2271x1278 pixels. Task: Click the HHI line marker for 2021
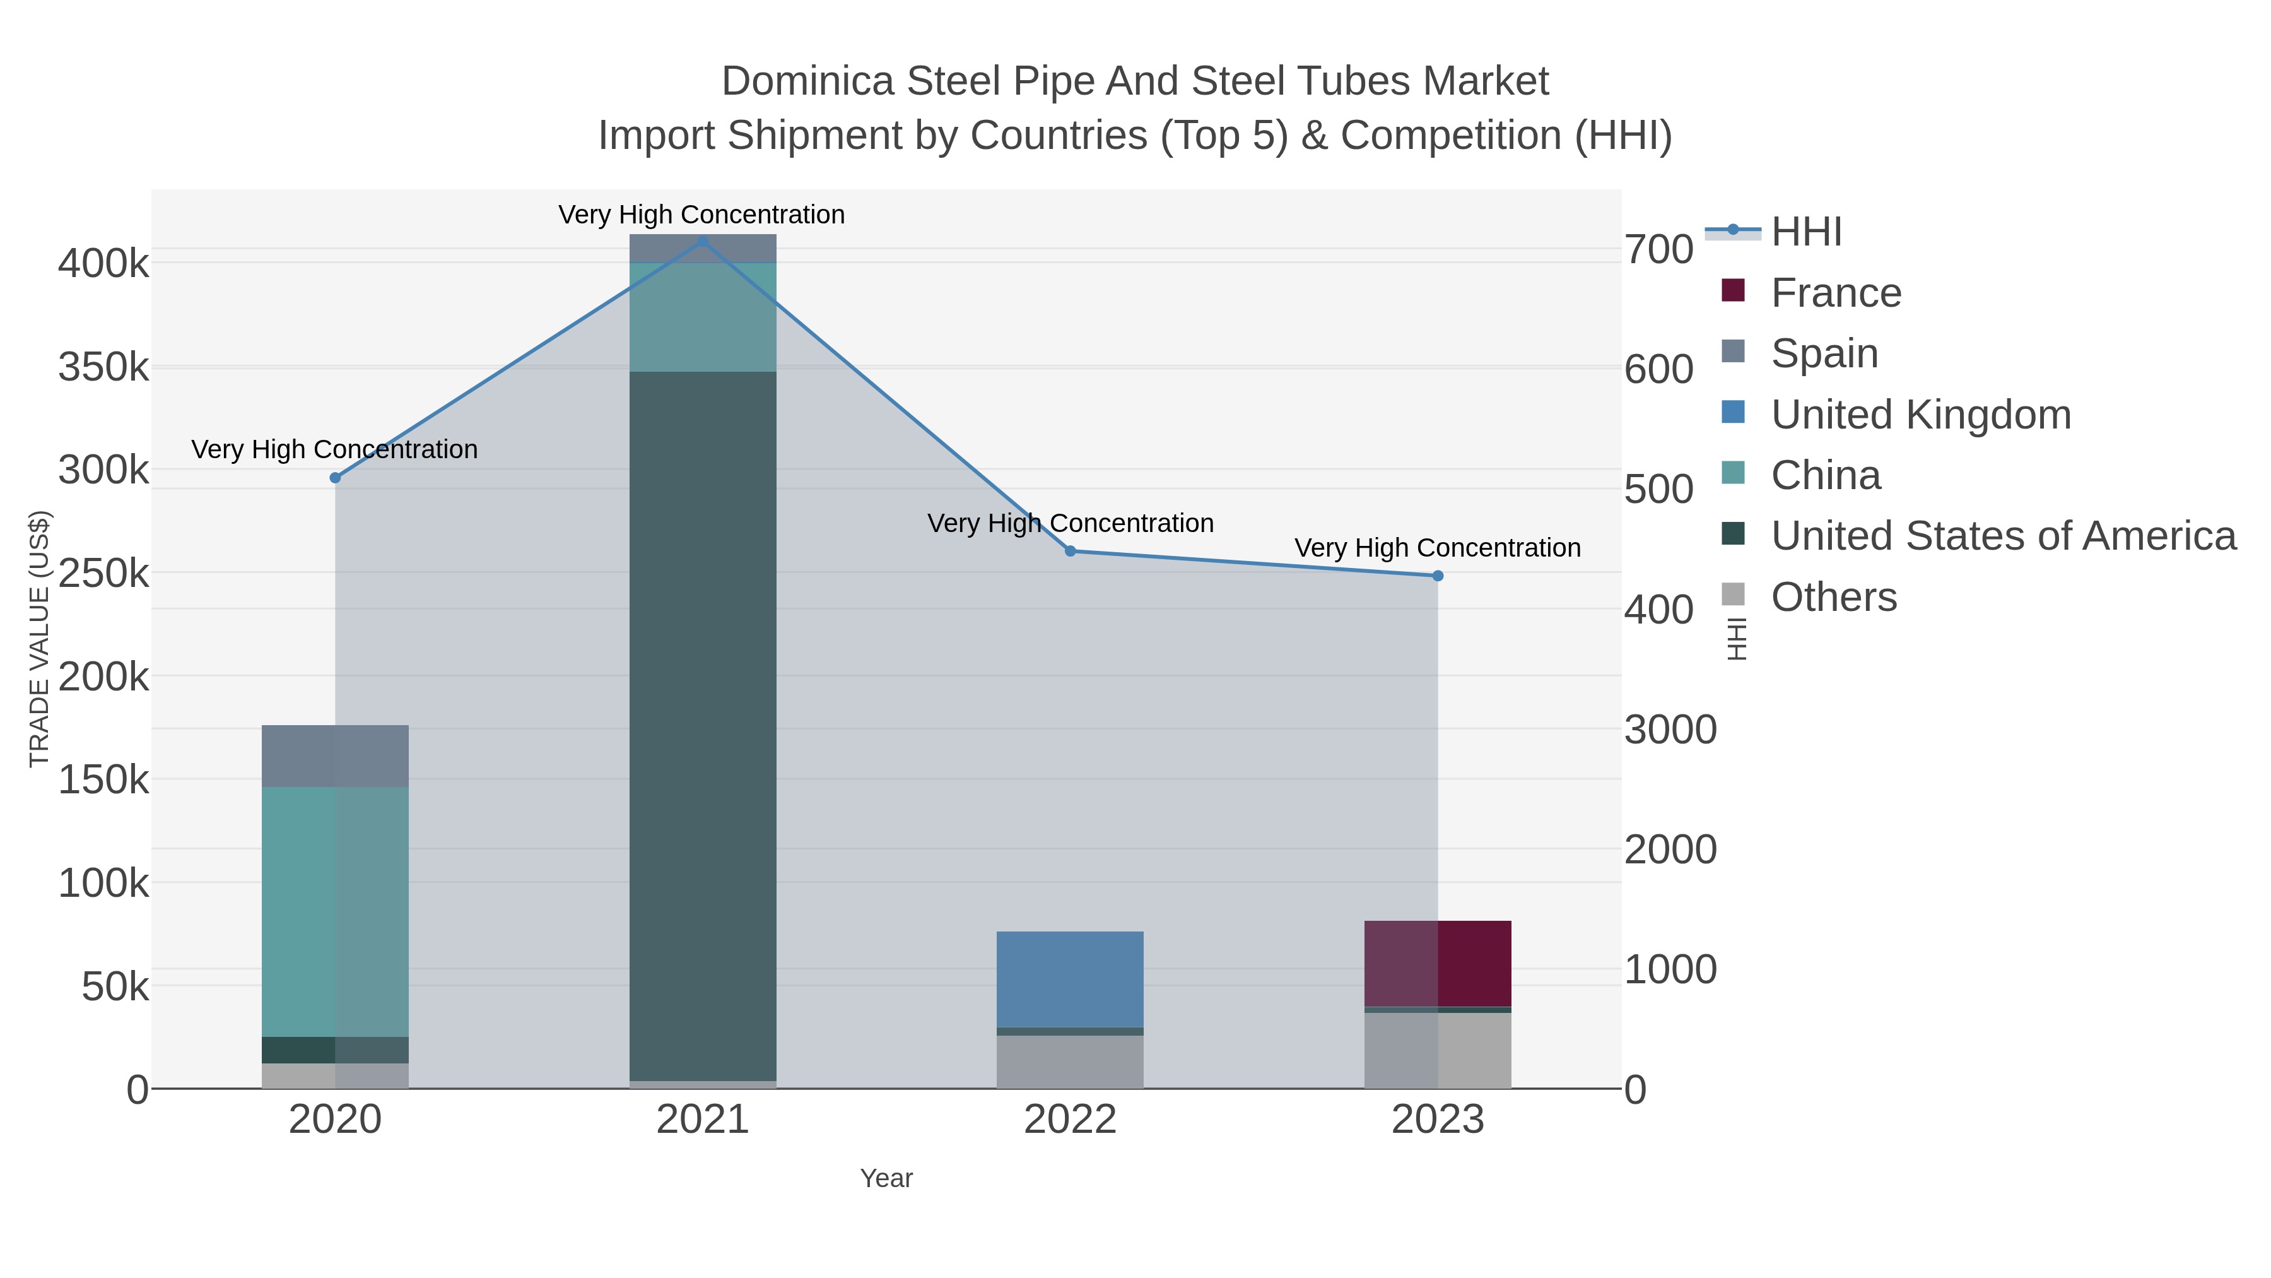click(x=703, y=241)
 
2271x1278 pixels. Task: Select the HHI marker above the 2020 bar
click(x=335, y=478)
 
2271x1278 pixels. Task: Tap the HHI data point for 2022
click(x=1071, y=551)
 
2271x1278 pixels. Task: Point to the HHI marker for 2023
click(x=1438, y=576)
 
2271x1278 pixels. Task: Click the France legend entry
click(x=1836, y=293)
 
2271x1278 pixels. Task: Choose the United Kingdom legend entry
click(x=1920, y=415)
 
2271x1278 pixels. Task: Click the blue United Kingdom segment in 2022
click(x=1071, y=979)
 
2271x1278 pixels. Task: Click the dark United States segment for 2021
click(x=703, y=725)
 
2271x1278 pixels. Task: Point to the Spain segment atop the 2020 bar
click(x=335, y=756)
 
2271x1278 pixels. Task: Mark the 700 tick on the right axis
click(x=1659, y=249)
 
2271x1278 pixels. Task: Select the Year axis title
click(x=886, y=1178)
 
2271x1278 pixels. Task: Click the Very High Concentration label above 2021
click(x=701, y=215)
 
